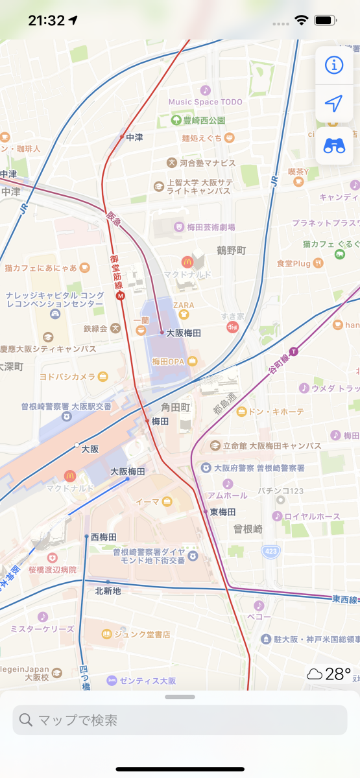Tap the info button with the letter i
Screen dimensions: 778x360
tap(334, 65)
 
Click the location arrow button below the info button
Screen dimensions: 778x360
tap(334, 104)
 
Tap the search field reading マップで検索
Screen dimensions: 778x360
tap(180, 720)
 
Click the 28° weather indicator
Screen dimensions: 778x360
tap(330, 674)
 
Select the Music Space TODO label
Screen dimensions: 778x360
tap(206, 102)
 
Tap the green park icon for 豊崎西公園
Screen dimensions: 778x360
tap(176, 121)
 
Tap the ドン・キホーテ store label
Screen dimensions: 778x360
tap(269, 411)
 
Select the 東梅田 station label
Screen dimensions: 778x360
tap(222, 512)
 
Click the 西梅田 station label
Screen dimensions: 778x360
tap(104, 537)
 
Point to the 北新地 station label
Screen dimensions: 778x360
tap(108, 591)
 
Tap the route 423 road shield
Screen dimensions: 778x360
tap(270, 551)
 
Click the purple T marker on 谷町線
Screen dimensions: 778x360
tap(293, 351)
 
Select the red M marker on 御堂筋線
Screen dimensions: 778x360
tap(119, 296)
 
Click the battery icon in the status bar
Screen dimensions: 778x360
tap(324, 21)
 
